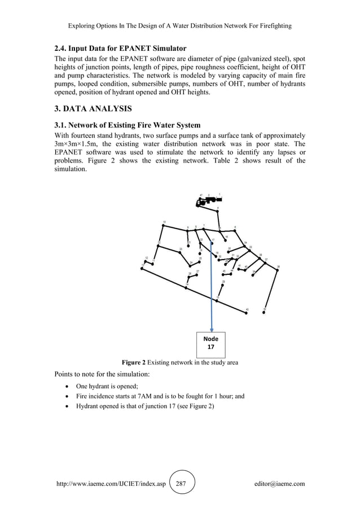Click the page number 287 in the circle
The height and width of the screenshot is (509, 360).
click(x=181, y=484)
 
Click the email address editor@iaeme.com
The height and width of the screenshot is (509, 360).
click(x=279, y=484)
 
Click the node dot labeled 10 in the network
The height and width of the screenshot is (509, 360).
click(x=163, y=226)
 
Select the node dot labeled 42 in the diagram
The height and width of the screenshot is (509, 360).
click(x=265, y=310)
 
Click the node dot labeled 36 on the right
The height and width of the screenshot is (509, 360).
click(x=277, y=270)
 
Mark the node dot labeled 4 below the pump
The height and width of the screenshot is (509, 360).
click(x=218, y=211)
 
